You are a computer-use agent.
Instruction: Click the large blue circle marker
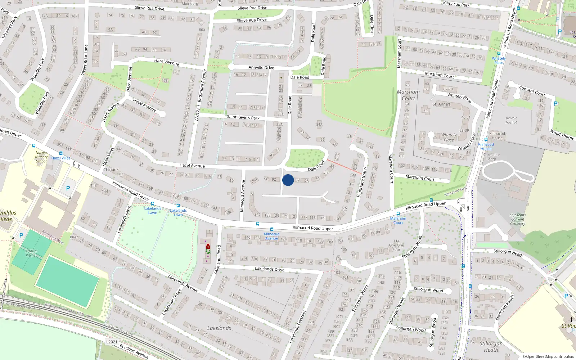(x=288, y=180)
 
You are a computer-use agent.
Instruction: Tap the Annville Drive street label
(x=261, y=67)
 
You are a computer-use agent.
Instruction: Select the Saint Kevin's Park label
(x=243, y=117)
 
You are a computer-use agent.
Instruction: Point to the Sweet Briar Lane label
(x=84, y=60)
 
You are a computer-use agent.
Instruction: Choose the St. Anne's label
(x=441, y=104)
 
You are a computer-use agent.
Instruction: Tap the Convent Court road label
(x=532, y=91)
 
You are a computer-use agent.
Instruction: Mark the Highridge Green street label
(x=362, y=182)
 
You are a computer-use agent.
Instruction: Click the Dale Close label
(x=372, y=24)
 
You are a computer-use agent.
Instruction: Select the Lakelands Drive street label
(x=270, y=269)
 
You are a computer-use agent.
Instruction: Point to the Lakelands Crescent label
(x=297, y=326)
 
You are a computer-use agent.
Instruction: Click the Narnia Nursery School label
(x=41, y=157)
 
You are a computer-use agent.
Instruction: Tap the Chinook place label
(x=111, y=170)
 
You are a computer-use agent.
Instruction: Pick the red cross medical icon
(x=208, y=247)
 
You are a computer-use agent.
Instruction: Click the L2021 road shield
(x=112, y=342)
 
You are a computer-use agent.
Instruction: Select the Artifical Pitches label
(x=32, y=253)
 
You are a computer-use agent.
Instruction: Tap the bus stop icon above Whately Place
(x=499, y=54)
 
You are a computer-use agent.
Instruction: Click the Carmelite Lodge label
(x=491, y=157)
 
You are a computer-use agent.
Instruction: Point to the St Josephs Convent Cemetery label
(x=517, y=219)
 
